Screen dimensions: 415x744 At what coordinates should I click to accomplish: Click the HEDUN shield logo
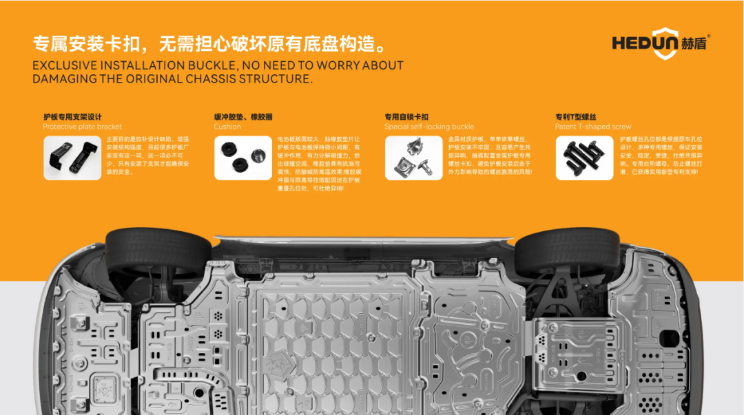pos(665,43)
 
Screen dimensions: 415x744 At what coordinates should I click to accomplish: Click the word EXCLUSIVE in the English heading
pos(65,66)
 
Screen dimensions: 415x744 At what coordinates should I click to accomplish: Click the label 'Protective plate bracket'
pos(82,127)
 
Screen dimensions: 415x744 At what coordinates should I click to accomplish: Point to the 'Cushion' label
pos(227,127)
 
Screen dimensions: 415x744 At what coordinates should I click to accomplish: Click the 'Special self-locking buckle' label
pos(429,127)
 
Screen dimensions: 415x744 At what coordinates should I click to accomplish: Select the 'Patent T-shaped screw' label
pos(593,127)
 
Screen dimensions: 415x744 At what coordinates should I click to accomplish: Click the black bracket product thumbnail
pos(72,158)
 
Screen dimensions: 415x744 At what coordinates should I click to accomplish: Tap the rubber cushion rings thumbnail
pos(242,158)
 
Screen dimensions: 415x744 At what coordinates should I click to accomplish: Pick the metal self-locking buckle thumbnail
pos(413,158)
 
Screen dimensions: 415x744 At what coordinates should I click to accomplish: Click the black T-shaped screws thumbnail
pos(584,158)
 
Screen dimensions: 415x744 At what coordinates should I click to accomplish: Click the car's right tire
pos(566,251)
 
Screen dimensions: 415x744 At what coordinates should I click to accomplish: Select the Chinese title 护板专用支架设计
pos(72,117)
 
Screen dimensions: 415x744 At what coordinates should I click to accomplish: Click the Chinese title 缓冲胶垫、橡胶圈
pos(242,117)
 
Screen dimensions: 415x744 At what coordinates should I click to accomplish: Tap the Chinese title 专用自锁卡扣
pos(406,117)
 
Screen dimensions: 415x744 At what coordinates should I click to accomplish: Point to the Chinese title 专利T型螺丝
pos(576,117)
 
